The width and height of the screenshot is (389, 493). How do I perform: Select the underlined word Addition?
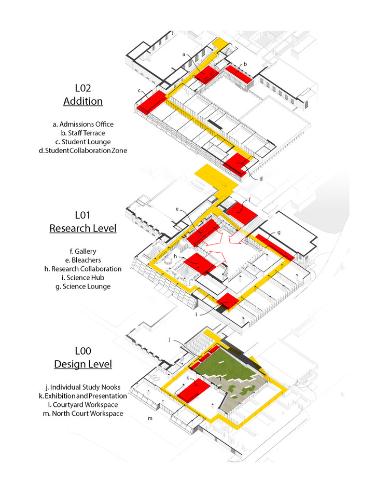coord(83,101)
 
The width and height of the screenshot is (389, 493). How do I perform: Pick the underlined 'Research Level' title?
coord(83,228)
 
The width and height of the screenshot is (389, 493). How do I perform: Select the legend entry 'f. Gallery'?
coord(83,251)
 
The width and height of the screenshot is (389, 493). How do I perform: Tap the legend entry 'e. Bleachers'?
coord(83,260)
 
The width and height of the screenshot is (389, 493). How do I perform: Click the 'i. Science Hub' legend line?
coord(83,278)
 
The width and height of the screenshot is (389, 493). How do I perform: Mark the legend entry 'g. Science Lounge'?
coord(83,286)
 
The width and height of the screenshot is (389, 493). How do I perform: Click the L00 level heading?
coord(83,351)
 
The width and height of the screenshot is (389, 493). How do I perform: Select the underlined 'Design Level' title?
coord(83,364)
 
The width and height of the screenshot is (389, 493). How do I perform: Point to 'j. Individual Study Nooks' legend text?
coord(83,387)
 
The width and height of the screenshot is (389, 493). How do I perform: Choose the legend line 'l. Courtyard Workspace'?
coord(83,404)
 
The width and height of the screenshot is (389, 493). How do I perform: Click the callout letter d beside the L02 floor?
coord(261,179)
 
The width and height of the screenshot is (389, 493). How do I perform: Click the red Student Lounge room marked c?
coord(151,102)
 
